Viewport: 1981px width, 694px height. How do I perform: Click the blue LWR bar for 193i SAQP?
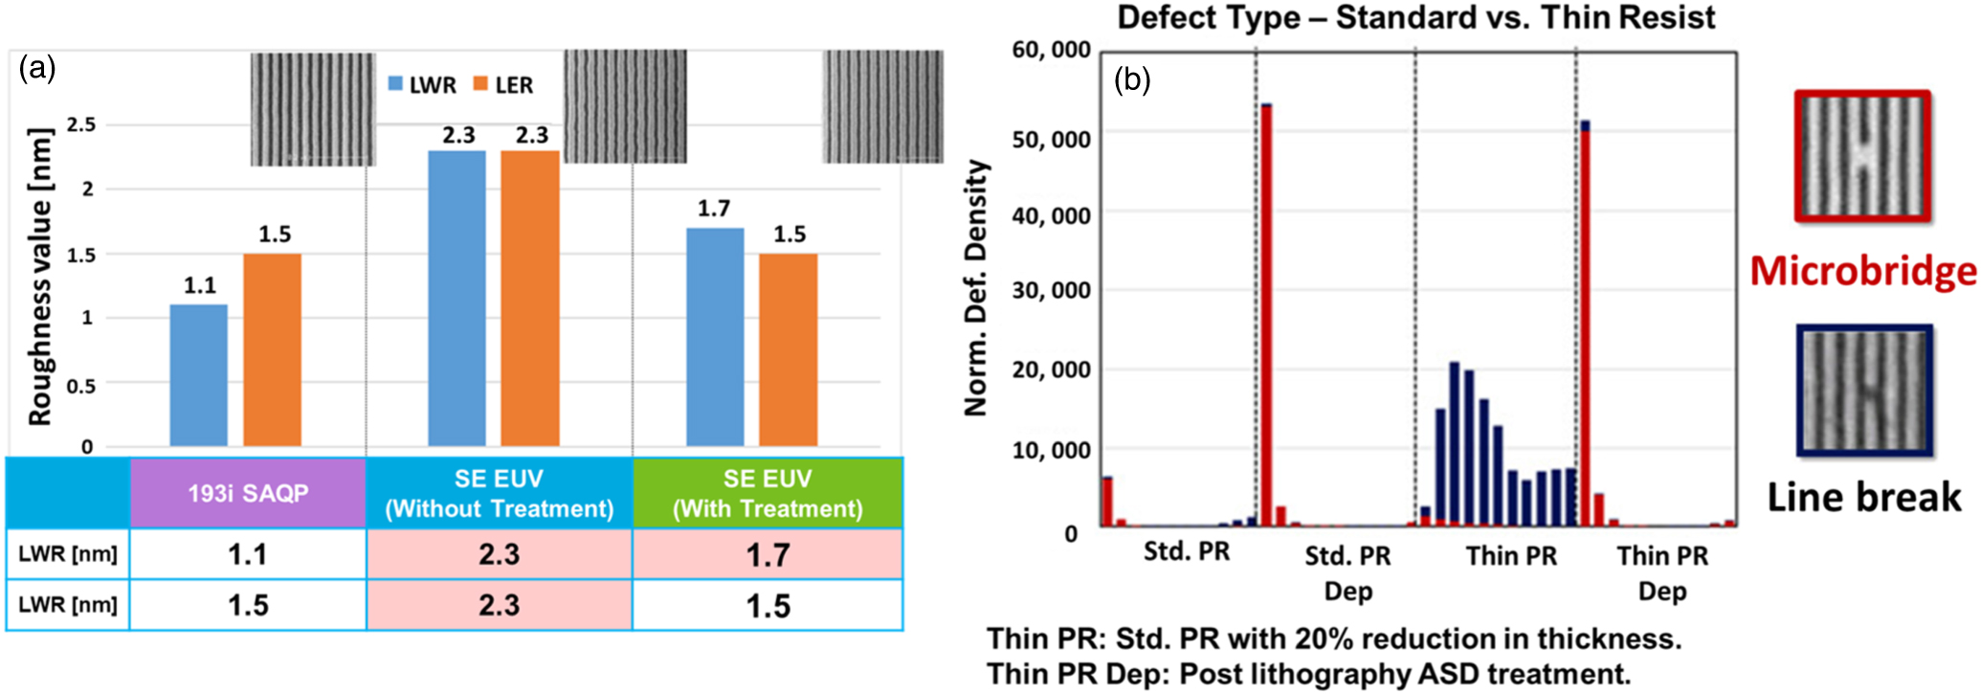click(199, 375)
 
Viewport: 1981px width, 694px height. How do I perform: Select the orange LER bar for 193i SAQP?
click(272, 350)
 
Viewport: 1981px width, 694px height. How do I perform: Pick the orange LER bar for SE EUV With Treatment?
click(789, 350)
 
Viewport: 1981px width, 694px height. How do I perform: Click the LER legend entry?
click(503, 85)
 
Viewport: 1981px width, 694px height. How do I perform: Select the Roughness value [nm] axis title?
click(39, 278)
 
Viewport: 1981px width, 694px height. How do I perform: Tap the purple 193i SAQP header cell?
click(248, 493)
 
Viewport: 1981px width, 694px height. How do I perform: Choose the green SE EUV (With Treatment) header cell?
click(768, 493)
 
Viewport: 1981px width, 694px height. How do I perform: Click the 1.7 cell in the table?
click(768, 554)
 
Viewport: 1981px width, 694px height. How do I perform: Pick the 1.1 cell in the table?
click(248, 554)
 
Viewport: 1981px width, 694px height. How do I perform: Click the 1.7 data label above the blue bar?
click(714, 209)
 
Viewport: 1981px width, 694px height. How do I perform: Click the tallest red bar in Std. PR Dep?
click(1266, 316)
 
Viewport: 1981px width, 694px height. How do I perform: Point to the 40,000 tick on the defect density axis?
click(1051, 216)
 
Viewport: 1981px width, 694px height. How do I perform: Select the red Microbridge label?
click(1863, 272)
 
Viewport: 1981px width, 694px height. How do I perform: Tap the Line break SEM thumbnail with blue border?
click(1864, 391)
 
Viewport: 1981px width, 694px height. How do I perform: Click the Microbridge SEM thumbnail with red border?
click(1862, 157)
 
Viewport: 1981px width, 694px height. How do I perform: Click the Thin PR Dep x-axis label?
click(1662, 572)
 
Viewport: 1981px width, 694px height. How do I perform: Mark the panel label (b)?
click(1132, 80)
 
